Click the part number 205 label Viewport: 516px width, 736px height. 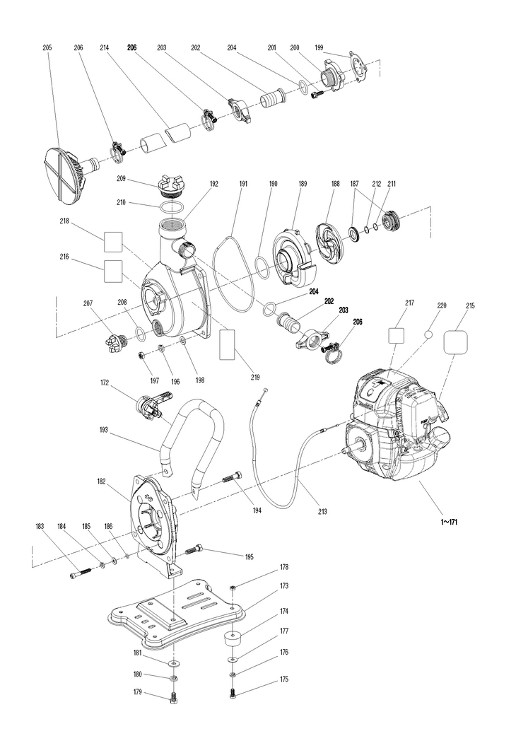pos(47,48)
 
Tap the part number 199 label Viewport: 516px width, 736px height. pos(319,48)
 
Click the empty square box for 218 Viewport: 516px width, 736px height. pos(113,243)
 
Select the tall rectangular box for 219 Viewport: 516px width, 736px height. pos(228,344)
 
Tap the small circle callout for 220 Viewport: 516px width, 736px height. pos(428,334)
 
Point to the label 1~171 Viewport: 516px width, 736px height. pos(448,522)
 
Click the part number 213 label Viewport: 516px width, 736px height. pos(322,512)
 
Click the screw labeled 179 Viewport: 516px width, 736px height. pos(173,697)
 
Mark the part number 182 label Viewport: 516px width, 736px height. pos(101,481)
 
